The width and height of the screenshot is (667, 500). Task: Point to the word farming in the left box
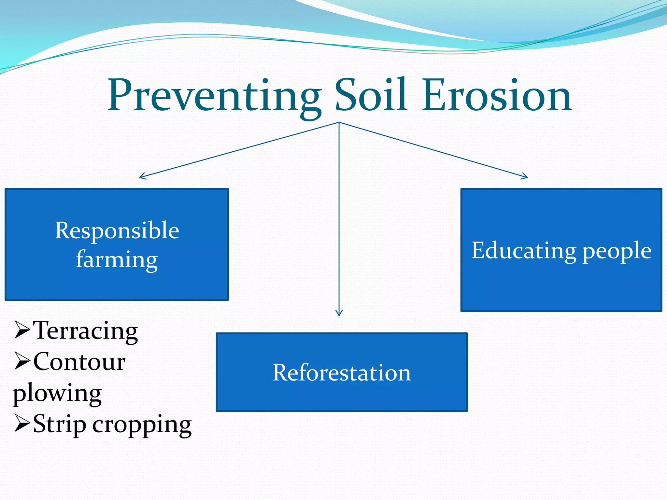pyautogui.click(x=117, y=260)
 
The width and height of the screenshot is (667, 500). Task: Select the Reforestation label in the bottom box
pyautogui.click(x=342, y=372)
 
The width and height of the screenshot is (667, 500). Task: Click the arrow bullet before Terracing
pyautogui.click(x=22, y=330)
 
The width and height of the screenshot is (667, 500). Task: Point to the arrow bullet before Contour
pyautogui.click(x=22, y=362)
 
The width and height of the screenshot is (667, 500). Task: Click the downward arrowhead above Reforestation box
pyautogui.click(x=339, y=314)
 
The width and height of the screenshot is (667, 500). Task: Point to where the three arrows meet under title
pyautogui.click(x=339, y=122)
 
